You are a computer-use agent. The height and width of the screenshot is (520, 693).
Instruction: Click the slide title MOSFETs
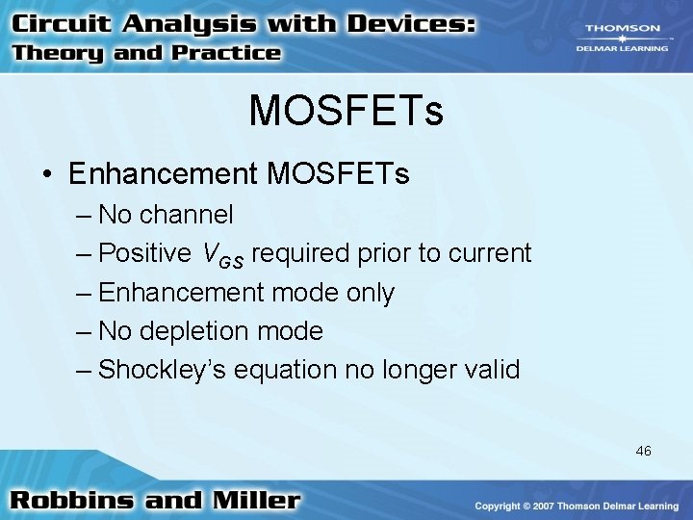point(346,111)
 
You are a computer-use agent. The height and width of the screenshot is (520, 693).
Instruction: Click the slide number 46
point(643,450)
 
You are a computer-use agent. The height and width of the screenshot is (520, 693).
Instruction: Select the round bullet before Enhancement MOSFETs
point(46,174)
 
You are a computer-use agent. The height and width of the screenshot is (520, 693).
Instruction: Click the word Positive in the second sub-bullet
point(145,253)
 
